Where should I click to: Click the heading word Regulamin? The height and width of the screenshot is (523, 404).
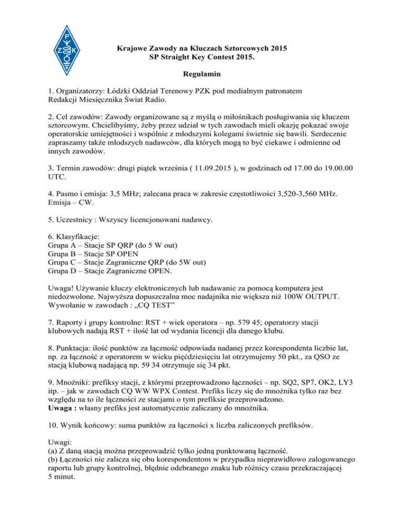(202, 75)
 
